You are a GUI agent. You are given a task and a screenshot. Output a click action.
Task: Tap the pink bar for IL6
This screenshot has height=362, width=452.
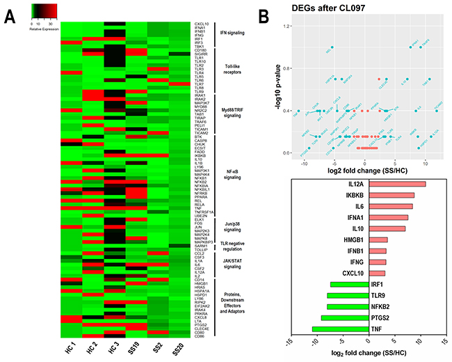[390, 206]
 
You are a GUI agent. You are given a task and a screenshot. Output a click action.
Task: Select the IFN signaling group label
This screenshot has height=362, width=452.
[234, 32]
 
